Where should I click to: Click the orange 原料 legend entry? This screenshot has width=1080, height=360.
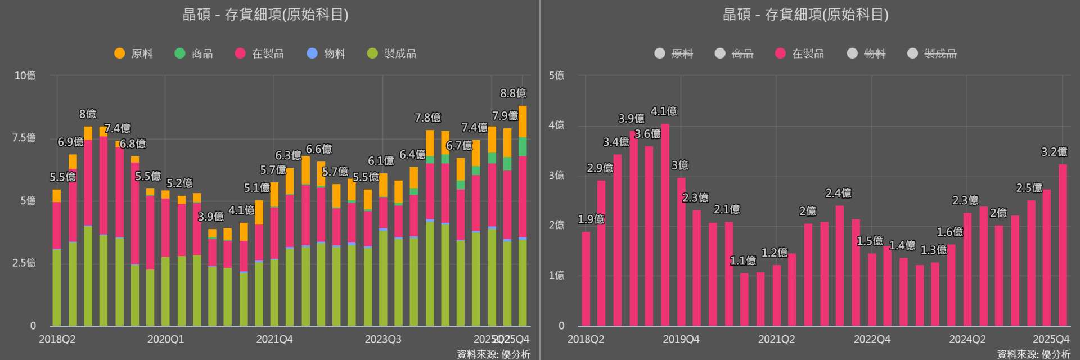(134, 53)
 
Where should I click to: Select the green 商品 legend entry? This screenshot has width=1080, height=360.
(194, 53)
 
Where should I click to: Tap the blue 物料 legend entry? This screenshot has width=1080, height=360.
(326, 53)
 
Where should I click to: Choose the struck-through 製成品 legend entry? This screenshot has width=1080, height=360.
(932, 53)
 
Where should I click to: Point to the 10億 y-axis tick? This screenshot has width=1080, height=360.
(25, 75)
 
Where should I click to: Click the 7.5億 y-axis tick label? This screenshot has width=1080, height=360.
(24, 138)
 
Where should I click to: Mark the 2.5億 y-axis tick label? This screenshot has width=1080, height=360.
(24, 263)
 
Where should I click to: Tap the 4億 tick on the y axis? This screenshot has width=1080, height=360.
(556, 125)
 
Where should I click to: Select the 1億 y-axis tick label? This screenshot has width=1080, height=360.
(556, 275)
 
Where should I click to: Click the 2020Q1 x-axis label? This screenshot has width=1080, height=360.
(165, 339)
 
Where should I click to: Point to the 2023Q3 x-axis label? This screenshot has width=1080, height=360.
(383, 339)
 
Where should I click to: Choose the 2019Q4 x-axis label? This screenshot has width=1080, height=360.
(681, 339)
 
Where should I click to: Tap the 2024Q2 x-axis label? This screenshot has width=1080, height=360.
(967, 339)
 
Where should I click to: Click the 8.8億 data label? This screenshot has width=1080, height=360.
(513, 93)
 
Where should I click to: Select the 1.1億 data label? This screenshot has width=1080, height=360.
(743, 261)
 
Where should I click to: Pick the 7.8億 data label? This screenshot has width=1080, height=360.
(427, 118)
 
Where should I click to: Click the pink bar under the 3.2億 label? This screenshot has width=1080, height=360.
(1063, 245)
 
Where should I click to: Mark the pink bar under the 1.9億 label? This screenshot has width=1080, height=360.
(586, 278)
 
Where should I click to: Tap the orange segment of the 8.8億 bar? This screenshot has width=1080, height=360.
(523, 121)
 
